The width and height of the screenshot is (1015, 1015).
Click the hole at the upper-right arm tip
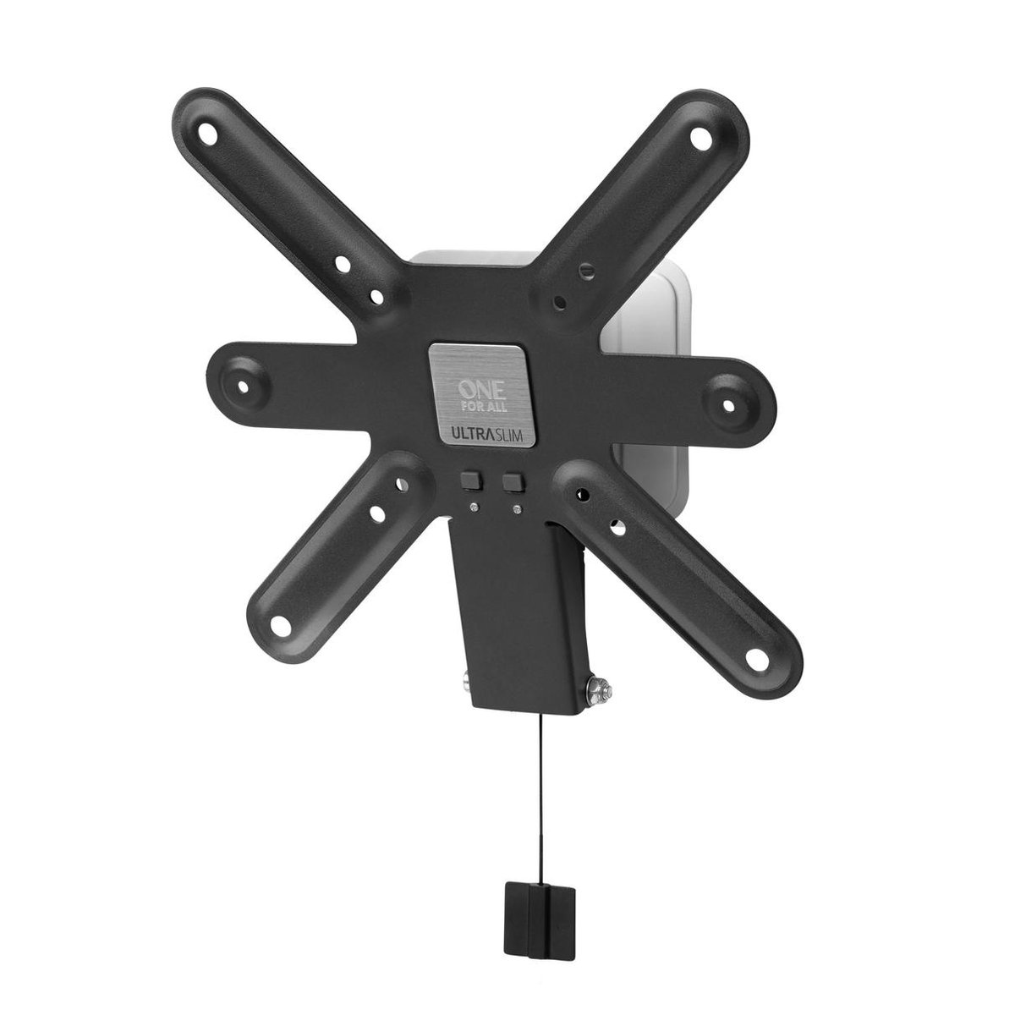tap(699, 134)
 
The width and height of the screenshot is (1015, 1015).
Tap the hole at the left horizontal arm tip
tap(245, 387)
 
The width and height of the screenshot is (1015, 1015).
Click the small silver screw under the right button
tap(514, 509)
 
